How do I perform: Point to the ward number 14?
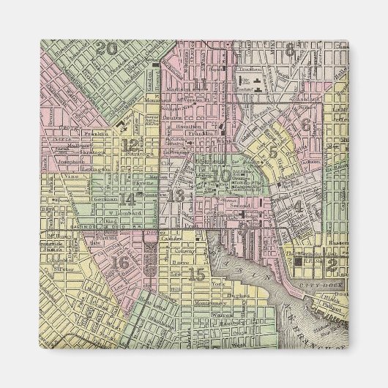128,198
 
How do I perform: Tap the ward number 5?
273,152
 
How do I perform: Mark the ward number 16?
121,262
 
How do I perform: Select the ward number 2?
332,264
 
